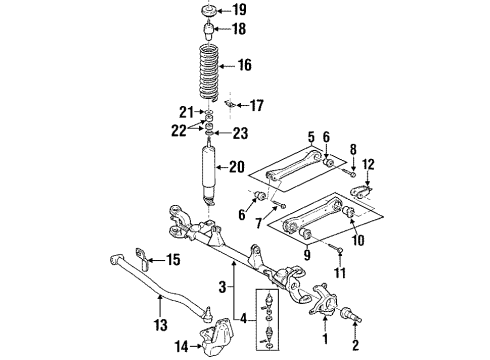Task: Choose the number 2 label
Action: (356, 348)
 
